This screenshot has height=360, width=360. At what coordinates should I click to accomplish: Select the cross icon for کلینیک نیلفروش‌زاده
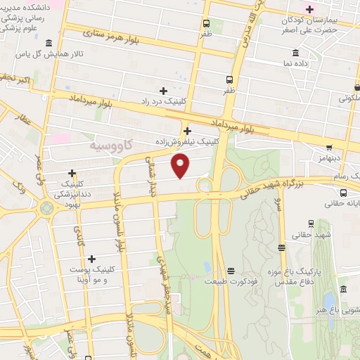pyautogui.click(x=187, y=131)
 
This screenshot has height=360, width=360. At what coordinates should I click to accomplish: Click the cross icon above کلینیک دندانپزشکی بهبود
pyautogui.click(x=72, y=173)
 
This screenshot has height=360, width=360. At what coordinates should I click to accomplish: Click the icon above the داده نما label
pyautogui.click(x=295, y=53)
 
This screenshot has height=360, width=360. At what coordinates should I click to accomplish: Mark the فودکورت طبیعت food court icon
pyautogui.click(x=231, y=271)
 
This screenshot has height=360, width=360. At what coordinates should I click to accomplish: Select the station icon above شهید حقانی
pyautogui.click(x=281, y=247)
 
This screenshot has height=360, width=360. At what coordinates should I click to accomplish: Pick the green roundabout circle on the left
pyautogui.click(x=47, y=208)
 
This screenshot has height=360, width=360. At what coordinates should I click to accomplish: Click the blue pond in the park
pyautogui.click(x=329, y=302)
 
